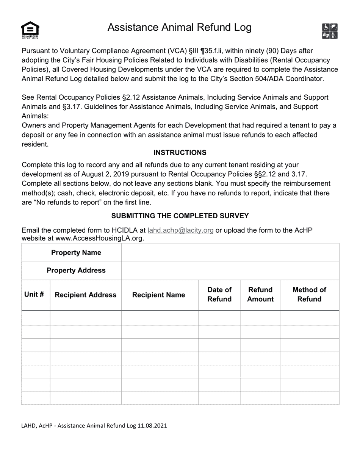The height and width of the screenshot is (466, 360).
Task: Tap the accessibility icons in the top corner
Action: [x=330, y=31]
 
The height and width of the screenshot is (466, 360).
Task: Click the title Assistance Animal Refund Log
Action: [x=179, y=28]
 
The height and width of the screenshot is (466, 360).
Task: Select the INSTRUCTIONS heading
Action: [x=180, y=153]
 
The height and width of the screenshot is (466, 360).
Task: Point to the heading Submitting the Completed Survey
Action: [x=180, y=216]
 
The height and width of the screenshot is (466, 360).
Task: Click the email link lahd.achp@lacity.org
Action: [x=180, y=230]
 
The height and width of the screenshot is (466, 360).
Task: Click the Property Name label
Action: [x=76, y=253]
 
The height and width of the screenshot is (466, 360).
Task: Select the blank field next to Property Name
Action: [x=230, y=253]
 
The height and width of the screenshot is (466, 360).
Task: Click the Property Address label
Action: [x=76, y=271]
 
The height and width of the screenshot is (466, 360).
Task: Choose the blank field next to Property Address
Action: [x=230, y=271]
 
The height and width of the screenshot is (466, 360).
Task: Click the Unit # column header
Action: [x=34, y=295]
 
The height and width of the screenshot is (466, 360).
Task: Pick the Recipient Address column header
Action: [x=86, y=295]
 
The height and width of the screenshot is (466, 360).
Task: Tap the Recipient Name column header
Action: [x=158, y=295]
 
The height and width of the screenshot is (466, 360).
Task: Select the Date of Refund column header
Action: [x=219, y=294]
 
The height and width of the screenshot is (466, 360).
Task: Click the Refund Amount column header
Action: [x=260, y=294]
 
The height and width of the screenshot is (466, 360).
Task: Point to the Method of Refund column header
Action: [x=309, y=294]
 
